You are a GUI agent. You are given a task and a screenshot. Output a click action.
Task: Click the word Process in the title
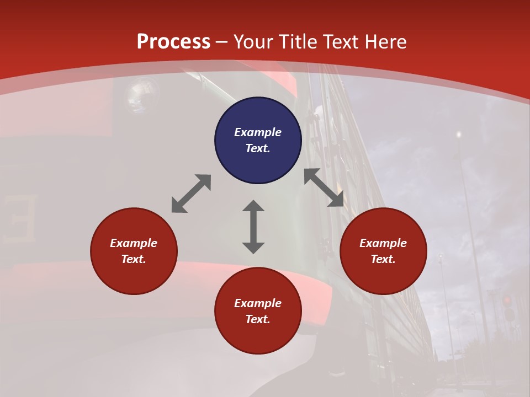173,42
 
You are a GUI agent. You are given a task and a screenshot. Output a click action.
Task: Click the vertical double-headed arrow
253,227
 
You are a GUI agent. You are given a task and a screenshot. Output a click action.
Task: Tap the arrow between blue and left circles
191,194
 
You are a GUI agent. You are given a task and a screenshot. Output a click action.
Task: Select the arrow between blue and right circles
324,187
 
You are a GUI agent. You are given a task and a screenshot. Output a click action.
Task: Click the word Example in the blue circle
258,132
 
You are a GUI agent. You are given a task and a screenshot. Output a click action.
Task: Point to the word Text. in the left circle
134,259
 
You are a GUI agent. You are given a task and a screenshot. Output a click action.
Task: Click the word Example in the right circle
383,243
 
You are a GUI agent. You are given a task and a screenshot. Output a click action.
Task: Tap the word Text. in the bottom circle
258,319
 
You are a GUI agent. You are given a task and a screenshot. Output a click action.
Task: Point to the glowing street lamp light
458,134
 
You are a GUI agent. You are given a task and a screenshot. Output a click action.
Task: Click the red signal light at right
507,301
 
